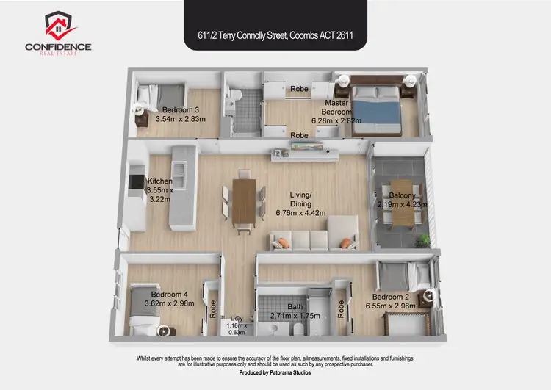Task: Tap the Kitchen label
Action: tap(159, 181)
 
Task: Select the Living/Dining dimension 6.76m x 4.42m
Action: tap(300, 213)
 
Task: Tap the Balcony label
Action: tap(402, 195)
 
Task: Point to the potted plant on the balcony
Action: tap(421, 239)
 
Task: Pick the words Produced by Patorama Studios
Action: tap(275, 373)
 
